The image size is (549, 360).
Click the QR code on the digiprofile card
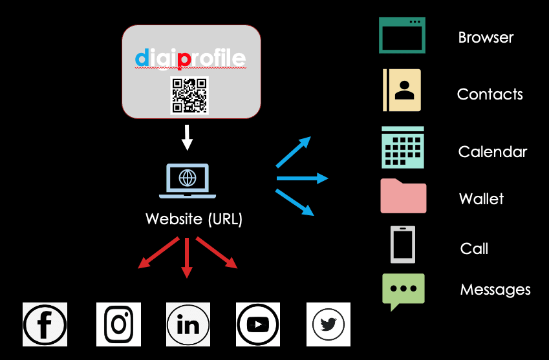[189, 95]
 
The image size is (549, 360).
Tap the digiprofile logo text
[190, 59]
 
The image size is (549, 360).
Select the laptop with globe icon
[188, 180]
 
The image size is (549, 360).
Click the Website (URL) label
[194, 218]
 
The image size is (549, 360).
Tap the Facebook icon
[45, 324]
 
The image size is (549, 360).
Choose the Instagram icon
[118, 324]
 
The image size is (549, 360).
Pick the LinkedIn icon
[188, 324]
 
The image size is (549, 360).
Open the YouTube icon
[258, 324]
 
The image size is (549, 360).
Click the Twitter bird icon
[328, 324]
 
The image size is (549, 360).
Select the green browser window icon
[402, 35]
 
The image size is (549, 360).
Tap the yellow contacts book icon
[402, 90]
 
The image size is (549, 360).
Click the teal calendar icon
[403, 147]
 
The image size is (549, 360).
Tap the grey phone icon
[403, 244]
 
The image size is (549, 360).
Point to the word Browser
[486, 37]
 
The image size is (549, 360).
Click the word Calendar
[493, 152]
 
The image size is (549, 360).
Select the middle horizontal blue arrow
[302, 178]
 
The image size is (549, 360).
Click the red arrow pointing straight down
[187, 258]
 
